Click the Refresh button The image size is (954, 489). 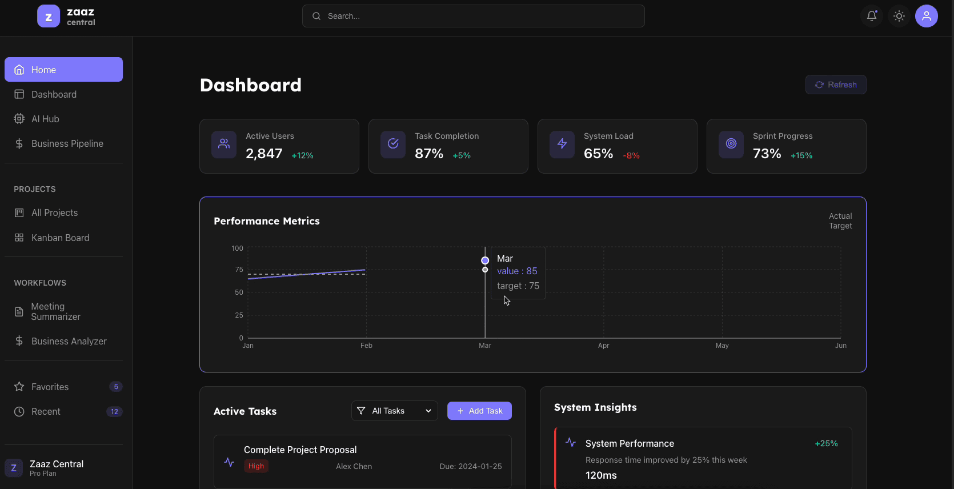click(836, 85)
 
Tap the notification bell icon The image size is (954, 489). click(872, 16)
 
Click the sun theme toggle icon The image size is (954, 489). click(899, 16)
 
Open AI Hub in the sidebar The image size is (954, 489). click(45, 119)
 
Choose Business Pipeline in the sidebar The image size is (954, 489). click(67, 143)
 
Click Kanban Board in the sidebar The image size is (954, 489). click(60, 238)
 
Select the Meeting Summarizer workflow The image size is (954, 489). click(55, 311)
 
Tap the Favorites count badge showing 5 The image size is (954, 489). click(116, 387)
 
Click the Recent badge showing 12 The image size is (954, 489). click(114, 411)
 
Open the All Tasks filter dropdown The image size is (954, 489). click(394, 411)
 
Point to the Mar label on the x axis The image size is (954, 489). click(485, 346)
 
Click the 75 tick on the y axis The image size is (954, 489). click(239, 270)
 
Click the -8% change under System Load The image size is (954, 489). click(631, 155)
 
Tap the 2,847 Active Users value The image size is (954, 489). click(264, 154)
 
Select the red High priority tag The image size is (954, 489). click(256, 466)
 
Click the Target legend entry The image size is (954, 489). click(840, 226)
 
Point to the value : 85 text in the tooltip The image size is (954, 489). click(517, 271)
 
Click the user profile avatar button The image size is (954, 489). click(927, 16)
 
